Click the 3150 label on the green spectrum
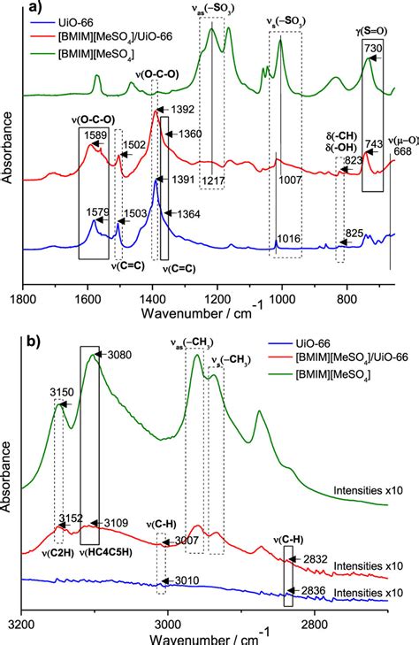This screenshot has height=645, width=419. [x=60, y=389]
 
